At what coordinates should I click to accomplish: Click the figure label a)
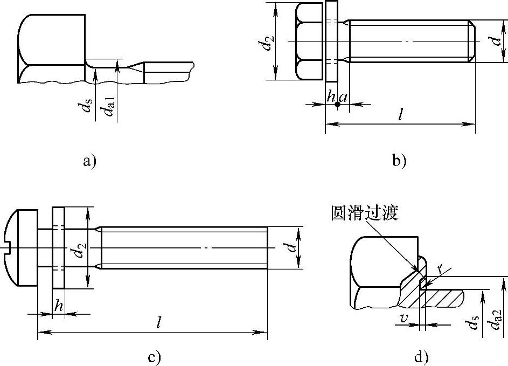[x=89, y=161]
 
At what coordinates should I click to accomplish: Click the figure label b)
[x=399, y=161]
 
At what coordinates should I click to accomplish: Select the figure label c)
[x=154, y=357]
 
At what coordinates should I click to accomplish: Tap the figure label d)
[x=421, y=357]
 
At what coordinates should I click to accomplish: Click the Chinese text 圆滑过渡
[x=364, y=213]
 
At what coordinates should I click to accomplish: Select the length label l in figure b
[x=401, y=114]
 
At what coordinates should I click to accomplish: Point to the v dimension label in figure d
[x=403, y=319]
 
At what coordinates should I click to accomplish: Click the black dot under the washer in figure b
[x=338, y=105]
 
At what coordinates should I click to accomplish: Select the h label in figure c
[x=58, y=306]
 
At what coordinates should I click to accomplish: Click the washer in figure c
[x=58, y=247]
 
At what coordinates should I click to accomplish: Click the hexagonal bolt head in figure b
[x=309, y=42]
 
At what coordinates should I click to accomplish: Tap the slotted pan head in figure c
[x=20, y=247]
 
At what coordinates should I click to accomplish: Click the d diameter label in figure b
[x=496, y=41]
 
